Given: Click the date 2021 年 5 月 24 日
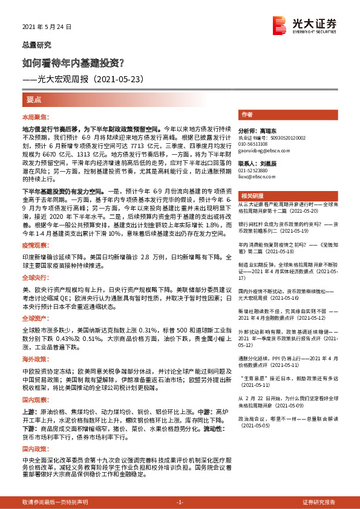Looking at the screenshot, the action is (47, 27).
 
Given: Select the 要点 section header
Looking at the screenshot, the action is (34, 99).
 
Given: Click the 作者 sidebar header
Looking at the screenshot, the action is (247, 114).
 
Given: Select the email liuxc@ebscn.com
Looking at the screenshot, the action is (255, 177).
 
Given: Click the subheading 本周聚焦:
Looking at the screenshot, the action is (35, 116).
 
